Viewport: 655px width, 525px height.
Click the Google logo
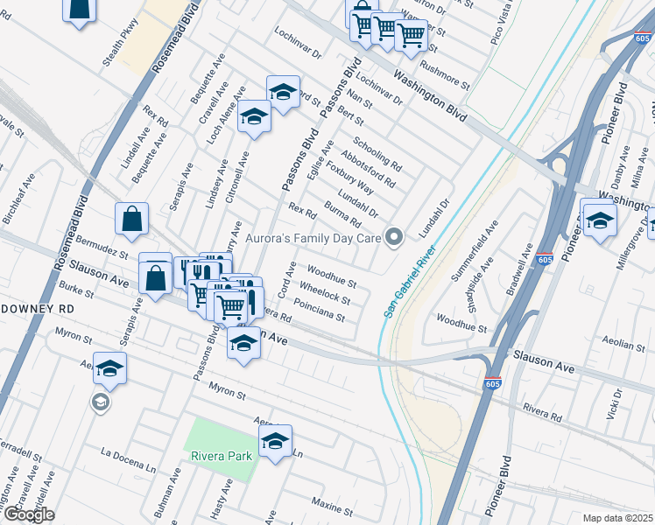point(28,515)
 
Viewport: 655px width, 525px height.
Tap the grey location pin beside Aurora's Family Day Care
point(395,237)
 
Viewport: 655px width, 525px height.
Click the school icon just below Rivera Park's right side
point(275,442)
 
